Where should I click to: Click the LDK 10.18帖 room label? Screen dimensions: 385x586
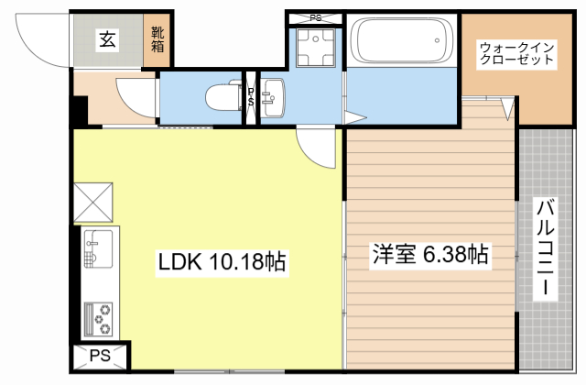tap(222, 262)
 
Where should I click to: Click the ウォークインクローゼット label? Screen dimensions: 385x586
tap(517, 52)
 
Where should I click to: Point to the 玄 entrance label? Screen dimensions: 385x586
tap(107, 38)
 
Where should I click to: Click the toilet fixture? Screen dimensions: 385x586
tap(222, 95)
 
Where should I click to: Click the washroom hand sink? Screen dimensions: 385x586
tap(272, 95)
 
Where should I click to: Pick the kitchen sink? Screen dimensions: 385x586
tap(97, 247)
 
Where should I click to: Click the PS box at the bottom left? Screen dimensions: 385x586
tap(100, 357)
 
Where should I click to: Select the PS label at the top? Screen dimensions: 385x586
tap(316, 16)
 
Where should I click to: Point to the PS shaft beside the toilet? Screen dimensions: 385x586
tap(250, 95)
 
